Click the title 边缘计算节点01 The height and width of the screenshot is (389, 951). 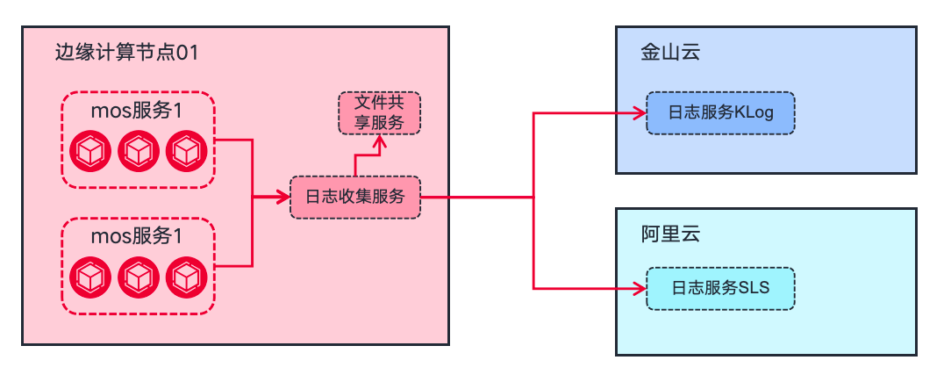(x=125, y=54)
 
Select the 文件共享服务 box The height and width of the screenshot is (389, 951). (x=379, y=112)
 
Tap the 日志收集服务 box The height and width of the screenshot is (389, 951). (x=355, y=198)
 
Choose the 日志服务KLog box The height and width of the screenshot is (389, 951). (x=720, y=113)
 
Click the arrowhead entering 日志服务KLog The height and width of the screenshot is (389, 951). (x=640, y=113)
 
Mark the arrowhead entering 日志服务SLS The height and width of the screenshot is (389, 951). (x=640, y=288)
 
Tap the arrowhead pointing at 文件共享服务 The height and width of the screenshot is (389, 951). (x=379, y=140)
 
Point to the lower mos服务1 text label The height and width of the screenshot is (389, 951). (x=138, y=237)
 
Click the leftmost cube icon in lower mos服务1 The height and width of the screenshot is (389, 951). (x=89, y=278)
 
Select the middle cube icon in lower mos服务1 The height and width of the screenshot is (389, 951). (x=138, y=278)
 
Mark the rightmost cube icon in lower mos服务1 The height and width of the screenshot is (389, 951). (x=185, y=278)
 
